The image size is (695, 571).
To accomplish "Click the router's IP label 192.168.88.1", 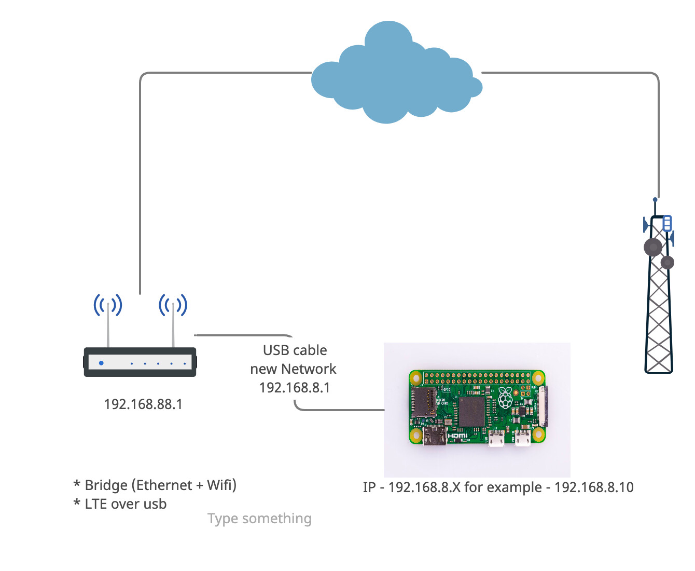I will pyautogui.click(x=143, y=404).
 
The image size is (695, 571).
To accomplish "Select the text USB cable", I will pyautogui.click(x=295, y=350).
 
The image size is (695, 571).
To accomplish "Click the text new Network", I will pyautogui.click(x=293, y=369).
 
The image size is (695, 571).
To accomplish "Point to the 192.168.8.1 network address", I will pyautogui.click(x=295, y=388).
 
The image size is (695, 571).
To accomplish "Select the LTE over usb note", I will pyautogui.click(x=125, y=504).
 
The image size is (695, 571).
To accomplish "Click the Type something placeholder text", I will pyautogui.click(x=259, y=519).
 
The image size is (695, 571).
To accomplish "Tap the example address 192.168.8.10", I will pyautogui.click(x=594, y=487).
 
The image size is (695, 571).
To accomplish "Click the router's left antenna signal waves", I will pyautogui.click(x=108, y=305).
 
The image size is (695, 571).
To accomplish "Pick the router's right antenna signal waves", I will pyautogui.click(x=173, y=305).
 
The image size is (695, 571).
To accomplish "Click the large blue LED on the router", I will pyautogui.click(x=101, y=363).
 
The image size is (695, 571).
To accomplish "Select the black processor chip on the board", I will pyautogui.click(x=471, y=412).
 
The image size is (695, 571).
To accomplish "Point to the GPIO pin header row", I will pyautogui.click(x=477, y=376).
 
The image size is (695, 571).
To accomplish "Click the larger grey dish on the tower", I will pyautogui.click(x=653, y=247).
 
